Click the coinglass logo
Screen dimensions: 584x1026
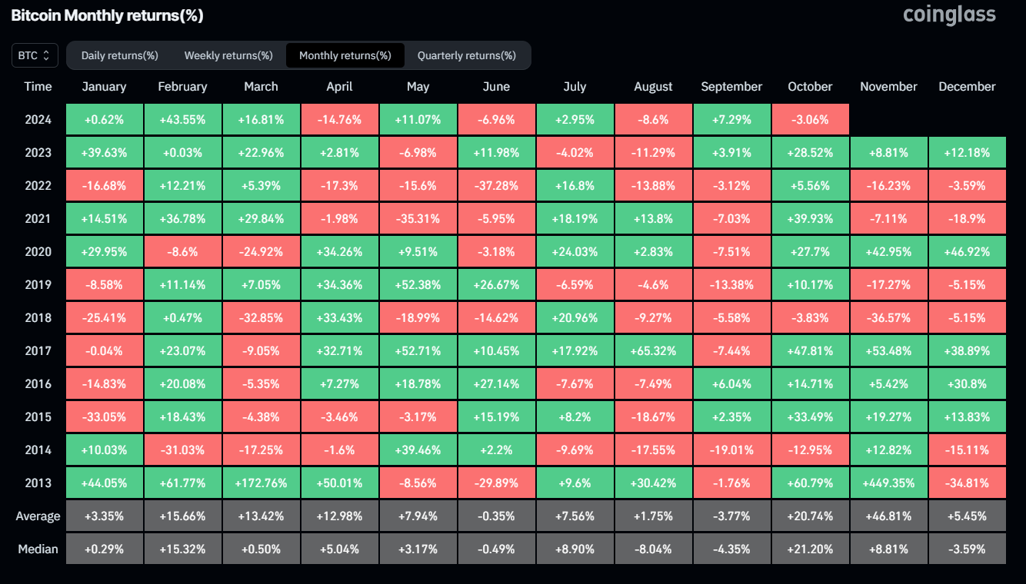[949, 15]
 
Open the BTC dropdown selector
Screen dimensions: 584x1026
[35, 55]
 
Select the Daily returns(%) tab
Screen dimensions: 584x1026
[119, 55]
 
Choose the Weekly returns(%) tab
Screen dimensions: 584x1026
[228, 55]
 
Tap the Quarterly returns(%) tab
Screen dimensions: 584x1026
[466, 55]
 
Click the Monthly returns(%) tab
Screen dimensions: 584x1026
[345, 55]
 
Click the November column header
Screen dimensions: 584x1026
[888, 87]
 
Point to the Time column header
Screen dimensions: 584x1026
[38, 87]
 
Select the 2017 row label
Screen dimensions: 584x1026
[38, 351]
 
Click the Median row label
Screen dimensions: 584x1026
[38, 549]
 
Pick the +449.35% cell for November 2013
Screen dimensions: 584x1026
[888, 483]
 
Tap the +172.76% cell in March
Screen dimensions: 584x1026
[261, 483]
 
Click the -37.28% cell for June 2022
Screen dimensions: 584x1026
[496, 186]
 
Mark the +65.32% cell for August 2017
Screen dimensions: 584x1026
[653, 351]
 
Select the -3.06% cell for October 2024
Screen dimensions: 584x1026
[810, 120]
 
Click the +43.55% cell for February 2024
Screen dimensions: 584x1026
[182, 120]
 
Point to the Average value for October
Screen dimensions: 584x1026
[810, 516]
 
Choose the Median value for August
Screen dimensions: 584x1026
[653, 549]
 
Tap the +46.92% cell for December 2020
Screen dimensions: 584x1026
[967, 252]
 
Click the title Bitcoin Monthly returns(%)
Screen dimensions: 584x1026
[107, 15]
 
